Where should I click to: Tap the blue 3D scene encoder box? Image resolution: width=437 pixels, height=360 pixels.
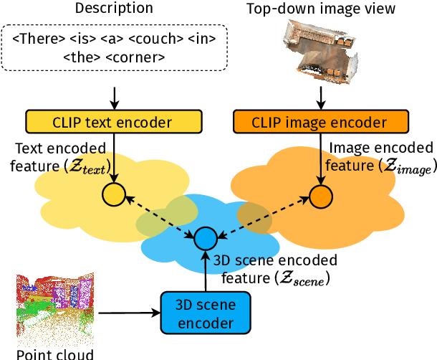206,313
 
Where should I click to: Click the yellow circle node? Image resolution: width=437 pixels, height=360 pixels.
113,194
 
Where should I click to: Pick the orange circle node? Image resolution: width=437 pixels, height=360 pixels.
320,195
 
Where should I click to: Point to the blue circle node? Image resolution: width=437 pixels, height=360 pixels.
206,237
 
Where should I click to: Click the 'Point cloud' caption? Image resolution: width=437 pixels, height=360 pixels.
54,353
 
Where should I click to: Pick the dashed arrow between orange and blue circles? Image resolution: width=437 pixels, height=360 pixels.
263,216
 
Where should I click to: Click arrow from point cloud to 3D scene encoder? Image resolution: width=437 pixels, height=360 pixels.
128,313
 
